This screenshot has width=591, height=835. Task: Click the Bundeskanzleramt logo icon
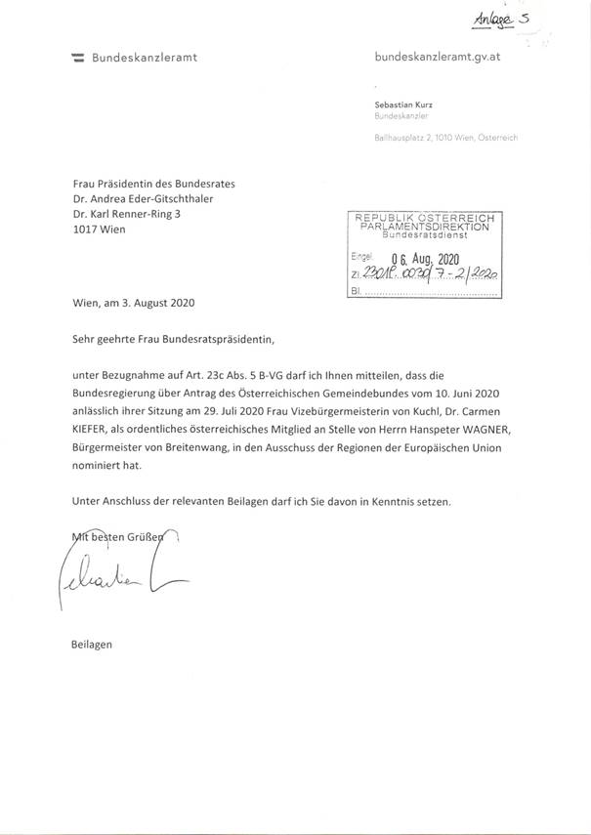click(77, 58)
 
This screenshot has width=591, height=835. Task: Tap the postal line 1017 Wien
click(100, 230)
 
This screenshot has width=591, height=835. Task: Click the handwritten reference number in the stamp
click(429, 275)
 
